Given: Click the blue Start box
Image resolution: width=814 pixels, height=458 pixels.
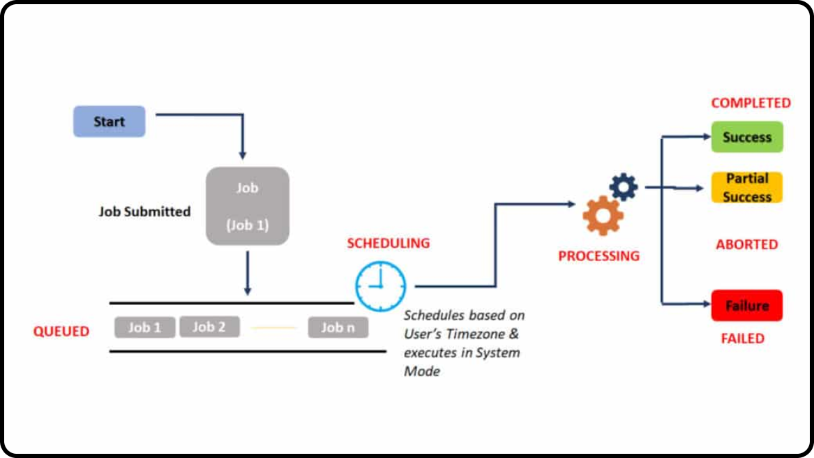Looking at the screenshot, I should coord(110,121).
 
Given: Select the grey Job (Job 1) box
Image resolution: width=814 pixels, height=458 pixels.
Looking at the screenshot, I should coord(247,206).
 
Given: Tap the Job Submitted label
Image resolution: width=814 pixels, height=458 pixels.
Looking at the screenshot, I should coord(144,212).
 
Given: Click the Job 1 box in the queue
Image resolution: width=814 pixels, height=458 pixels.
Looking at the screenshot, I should coord(144,327).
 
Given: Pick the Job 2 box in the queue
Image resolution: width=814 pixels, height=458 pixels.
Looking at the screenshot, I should coord(209,327).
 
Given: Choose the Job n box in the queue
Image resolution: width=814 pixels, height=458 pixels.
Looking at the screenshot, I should coord(338,327).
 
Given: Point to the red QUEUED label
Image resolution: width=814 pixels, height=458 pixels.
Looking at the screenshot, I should coord(61,331).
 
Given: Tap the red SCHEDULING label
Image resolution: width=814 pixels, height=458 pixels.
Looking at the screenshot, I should coord(389,244).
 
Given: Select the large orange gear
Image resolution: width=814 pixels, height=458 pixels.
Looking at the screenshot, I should coord(603,216).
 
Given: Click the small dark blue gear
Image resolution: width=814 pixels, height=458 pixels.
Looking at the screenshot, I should coord(623,186).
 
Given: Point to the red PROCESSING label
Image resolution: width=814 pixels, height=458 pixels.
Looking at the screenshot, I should coord(598,256).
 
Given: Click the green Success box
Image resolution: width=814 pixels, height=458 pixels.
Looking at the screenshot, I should coord(747,137).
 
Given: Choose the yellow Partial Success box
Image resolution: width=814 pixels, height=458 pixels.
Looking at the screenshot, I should coord(747,188).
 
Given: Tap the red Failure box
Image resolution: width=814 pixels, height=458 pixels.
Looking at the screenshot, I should coord(747,306).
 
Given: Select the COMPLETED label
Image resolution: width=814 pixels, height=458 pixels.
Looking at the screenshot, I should coord(751,103).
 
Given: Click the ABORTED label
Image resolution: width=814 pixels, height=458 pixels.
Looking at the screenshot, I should coord(747,244).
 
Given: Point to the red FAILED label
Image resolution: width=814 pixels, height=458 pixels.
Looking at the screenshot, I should coord(743,339).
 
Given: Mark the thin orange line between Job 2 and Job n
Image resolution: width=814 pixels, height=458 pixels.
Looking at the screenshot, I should coord(274,327).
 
